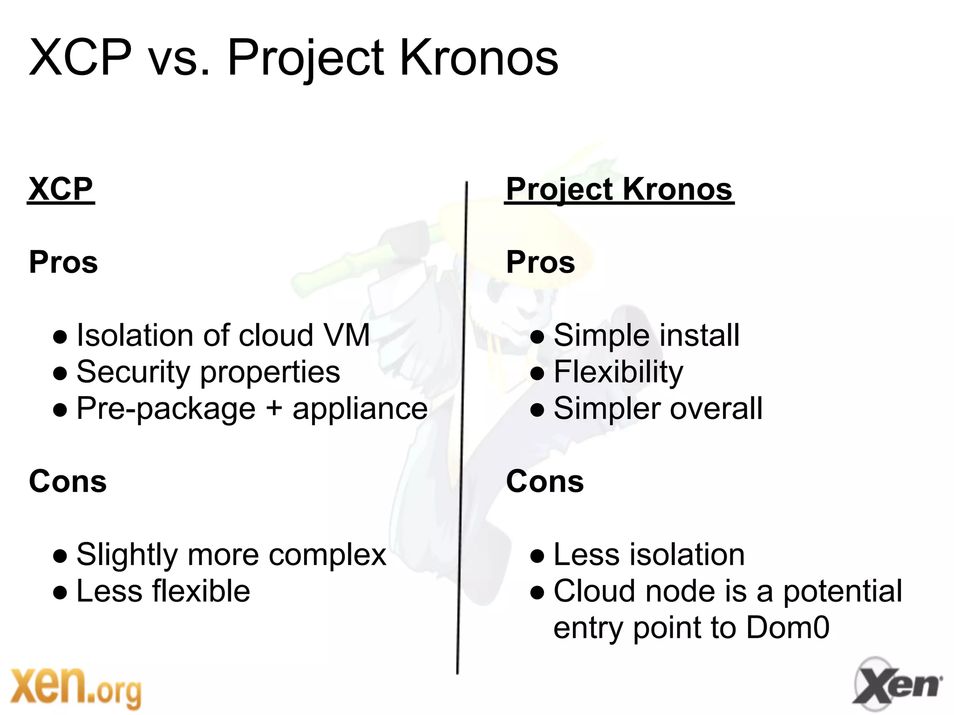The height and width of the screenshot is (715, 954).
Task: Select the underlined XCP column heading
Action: (x=61, y=189)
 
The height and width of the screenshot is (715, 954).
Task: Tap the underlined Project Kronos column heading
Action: (x=619, y=189)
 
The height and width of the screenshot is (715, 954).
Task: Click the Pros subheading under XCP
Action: (x=63, y=262)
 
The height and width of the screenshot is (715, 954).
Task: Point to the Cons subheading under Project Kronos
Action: (x=545, y=481)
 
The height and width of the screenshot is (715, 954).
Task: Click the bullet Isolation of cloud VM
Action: (x=223, y=335)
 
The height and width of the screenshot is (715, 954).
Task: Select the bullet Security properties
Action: (x=208, y=372)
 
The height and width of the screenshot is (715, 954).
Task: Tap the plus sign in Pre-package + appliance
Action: (x=274, y=408)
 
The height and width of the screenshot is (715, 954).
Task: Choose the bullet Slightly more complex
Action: (x=231, y=554)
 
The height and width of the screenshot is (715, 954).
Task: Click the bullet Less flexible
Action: (x=163, y=591)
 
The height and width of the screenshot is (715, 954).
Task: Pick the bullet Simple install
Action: (x=646, y=335)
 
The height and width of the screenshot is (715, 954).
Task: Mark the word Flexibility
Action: (x=618, y=372)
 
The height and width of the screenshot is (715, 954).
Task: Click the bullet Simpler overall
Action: (x=658, y=408)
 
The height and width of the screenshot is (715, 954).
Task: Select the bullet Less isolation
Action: (x=649, y=554)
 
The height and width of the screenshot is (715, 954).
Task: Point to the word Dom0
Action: (x=787, y=627)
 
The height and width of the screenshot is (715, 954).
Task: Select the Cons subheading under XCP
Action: (x=68, y=481)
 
